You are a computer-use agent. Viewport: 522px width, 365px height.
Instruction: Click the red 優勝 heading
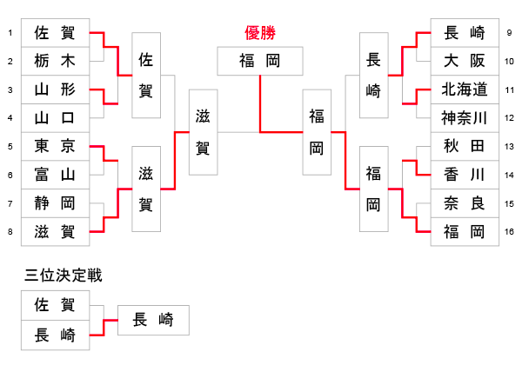(x=260, y=34)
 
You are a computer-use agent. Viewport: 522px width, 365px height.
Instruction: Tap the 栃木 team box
(x=54, y=62)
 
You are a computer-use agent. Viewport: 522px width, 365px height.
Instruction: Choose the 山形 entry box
(x=54, y=90)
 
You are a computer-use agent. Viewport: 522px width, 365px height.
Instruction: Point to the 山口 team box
(x=54, y=118)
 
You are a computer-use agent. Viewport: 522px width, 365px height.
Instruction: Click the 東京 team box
(x=54, y=146)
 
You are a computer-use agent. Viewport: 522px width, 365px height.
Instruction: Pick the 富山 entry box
(x=54, y=175)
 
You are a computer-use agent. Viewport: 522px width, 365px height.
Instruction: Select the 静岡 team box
(x=54, y=203)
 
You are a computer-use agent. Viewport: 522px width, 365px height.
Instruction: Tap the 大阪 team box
(x=465, y=62)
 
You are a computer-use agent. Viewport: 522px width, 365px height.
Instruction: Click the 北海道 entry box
(x=465, y=90)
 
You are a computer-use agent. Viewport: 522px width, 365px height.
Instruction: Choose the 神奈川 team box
(x=465, y=118)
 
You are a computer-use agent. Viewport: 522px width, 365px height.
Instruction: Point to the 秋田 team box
(x=465, y=146)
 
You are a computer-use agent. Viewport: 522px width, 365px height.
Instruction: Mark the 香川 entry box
(x=465, y=175)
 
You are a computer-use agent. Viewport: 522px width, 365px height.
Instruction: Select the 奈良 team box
(x=465, y=203)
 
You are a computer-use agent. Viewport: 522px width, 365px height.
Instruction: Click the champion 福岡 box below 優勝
(x=260, y=62)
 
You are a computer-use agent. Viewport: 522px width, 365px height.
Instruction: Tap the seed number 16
(x=510, y=232)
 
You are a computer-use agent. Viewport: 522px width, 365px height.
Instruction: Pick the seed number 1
(x=9, y=34)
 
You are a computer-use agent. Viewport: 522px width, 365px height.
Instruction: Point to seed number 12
(x=510, y=118)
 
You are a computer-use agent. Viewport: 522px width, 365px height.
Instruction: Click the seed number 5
(x=9, y=146)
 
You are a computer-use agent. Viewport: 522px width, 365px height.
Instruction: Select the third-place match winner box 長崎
(x=152, y=320)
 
